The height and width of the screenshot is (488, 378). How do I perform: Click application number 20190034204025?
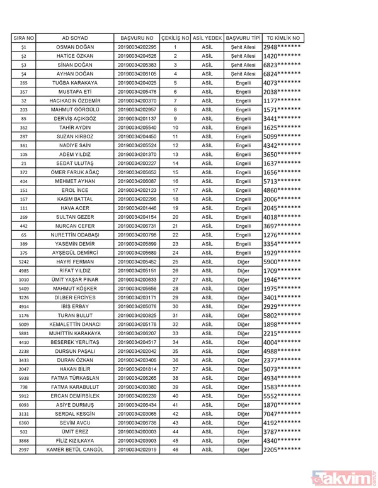pos(137,82)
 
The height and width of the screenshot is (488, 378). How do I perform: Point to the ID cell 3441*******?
pos(282,118)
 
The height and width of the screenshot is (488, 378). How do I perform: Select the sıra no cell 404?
pos(24,181)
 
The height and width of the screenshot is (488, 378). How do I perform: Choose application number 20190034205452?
pos(137,262)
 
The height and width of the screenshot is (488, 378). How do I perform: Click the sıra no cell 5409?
pos(24,288)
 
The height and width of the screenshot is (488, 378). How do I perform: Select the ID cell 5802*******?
pos(282,315)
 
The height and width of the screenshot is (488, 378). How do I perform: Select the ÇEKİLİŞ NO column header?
pos(175,38)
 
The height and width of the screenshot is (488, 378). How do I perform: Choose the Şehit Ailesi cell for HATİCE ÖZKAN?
pos(243,56)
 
